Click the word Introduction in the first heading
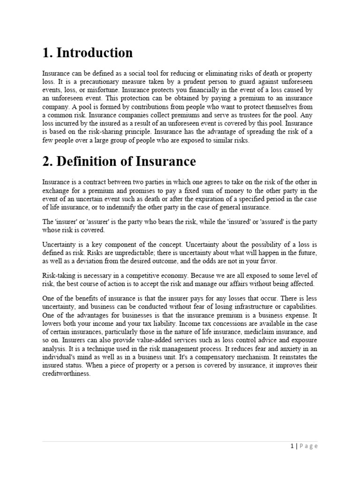(x=94, y=52)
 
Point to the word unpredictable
(x=112, y=252)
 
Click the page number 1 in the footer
(x=292, y=446)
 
